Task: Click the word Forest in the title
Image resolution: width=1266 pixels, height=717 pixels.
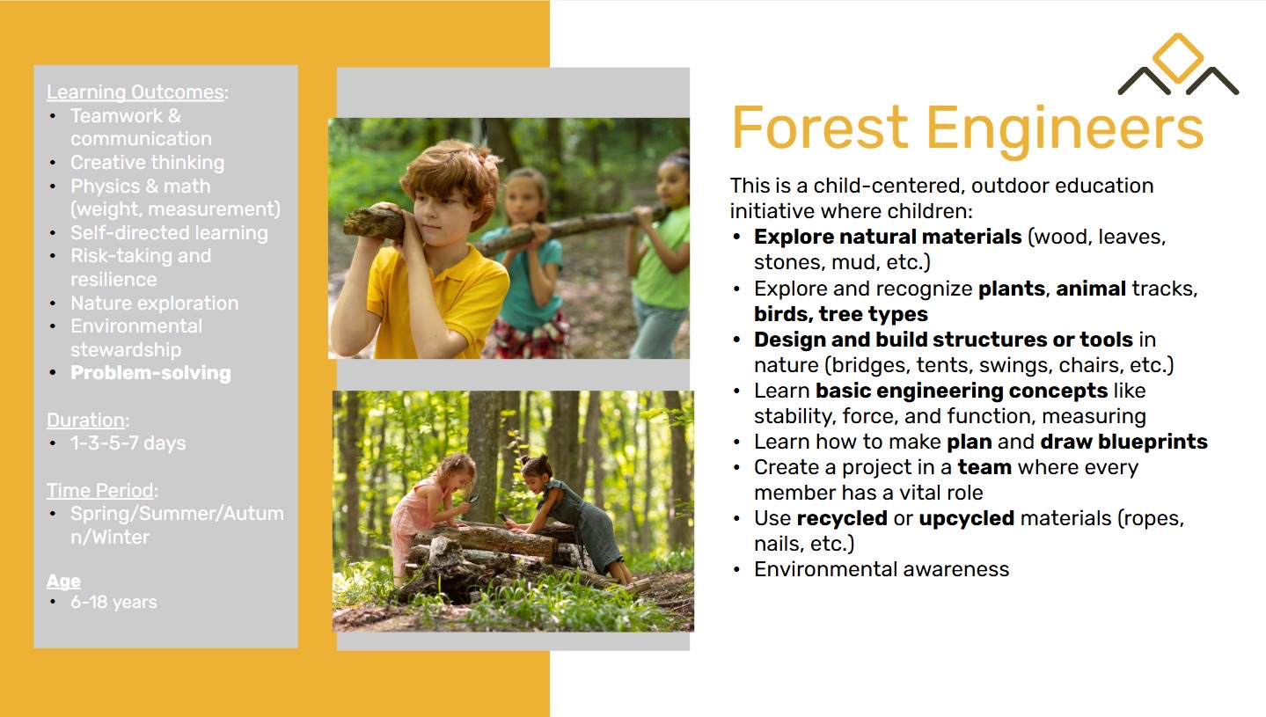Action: coord(819,128)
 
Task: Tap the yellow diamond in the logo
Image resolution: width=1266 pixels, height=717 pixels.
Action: coord(1178,58)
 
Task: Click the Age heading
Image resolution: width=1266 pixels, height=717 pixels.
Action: coord(63,582)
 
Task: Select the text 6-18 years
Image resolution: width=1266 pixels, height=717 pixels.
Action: coord(113,603)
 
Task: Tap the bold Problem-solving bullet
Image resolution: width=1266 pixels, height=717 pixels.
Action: coord(151,373)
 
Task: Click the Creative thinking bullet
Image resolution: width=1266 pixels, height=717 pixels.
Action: coord(148,163)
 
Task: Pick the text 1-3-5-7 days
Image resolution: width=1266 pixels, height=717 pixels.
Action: coord(128,443)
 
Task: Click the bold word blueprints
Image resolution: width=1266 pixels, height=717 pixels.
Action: coord(1153,442)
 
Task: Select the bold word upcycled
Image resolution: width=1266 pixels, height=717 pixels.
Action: coord(967,519)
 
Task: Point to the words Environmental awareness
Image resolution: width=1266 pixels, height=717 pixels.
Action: coord(882,569)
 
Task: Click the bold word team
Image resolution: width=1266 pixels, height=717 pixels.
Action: coord(984,467)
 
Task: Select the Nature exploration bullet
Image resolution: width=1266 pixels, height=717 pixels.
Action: coord(154,304)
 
